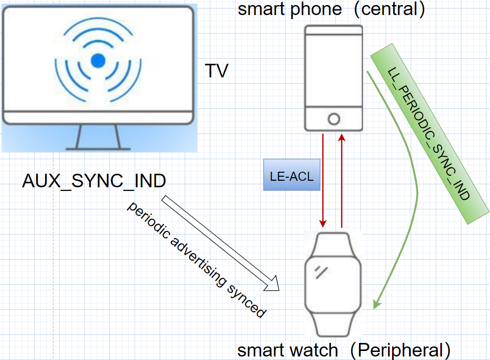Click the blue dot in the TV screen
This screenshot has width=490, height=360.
(x=98, y=61)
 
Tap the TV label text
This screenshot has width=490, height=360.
(x=216, y=71)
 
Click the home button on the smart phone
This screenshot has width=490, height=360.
(x=333, y=119)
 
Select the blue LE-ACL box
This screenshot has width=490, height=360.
(x=292, y=175)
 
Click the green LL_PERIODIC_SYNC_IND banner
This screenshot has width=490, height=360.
(x=430, y=133)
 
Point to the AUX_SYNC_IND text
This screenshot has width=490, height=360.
(x=94, y=181)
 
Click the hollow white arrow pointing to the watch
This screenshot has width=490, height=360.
(x=221, y=244)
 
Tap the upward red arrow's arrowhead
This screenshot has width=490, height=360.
(x=342, y=137)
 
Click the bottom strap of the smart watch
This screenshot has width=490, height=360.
(x=332, y=326)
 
